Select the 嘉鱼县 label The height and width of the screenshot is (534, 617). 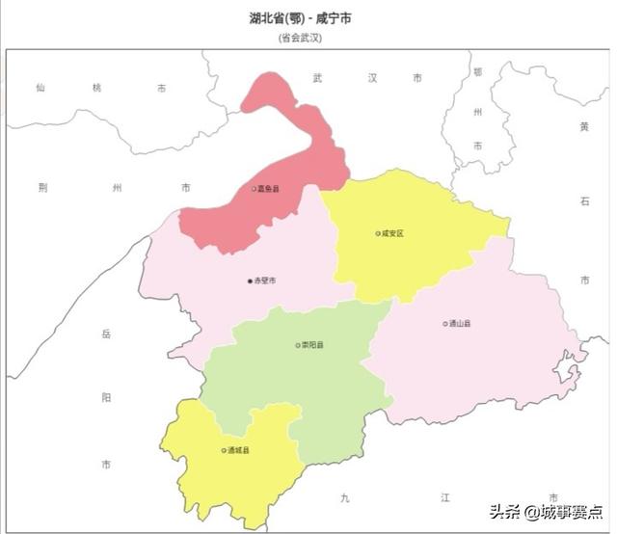(269, 189)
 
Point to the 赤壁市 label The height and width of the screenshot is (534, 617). (265, 280)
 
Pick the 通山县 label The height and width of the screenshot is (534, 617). (460, 324)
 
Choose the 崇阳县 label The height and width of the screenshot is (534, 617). (312, 345)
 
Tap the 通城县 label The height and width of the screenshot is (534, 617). (238, 450)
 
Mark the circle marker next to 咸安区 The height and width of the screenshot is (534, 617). (378, 233)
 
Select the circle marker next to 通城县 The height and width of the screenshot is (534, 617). (224, 450)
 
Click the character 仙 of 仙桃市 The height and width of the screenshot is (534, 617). (40, 88)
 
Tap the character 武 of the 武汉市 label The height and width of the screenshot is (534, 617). (318, 77)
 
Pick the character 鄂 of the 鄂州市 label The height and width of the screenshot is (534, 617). (477, 71)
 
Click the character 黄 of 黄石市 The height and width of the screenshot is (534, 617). (583, 126)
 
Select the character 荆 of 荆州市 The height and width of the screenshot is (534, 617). (42, 187)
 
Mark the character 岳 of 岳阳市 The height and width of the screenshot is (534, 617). (106, 334)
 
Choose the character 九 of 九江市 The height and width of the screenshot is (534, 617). (344, 498)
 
